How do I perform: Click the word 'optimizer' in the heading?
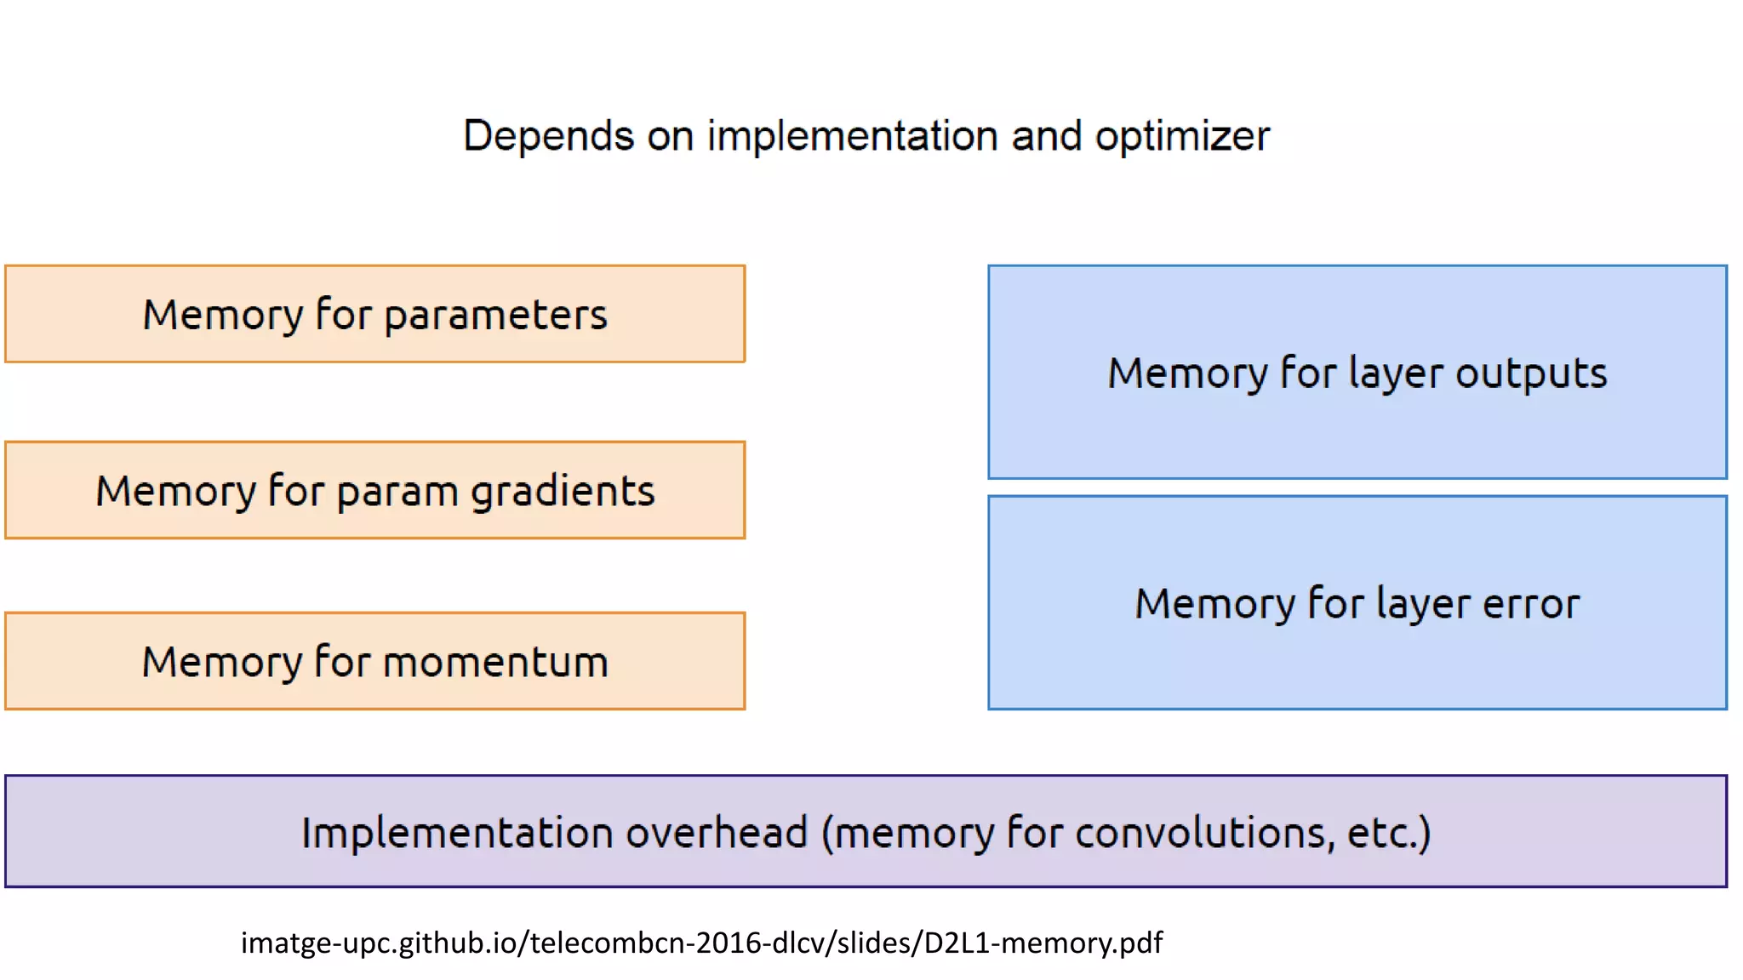[1182, 137]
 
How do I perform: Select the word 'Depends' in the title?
[548, 136]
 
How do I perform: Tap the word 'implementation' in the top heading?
[852, 136]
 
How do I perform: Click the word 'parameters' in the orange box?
[495, 316]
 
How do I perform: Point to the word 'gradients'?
[563, 492]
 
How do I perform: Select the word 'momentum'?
[496, 662]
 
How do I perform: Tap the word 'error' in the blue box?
[1531, 604]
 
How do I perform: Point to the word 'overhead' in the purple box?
[717, 832]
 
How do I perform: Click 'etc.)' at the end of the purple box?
[1389, 832]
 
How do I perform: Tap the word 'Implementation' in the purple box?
[457, 832]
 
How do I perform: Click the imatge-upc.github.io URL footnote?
[701, 943]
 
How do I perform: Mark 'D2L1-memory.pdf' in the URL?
[1043, 943]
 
